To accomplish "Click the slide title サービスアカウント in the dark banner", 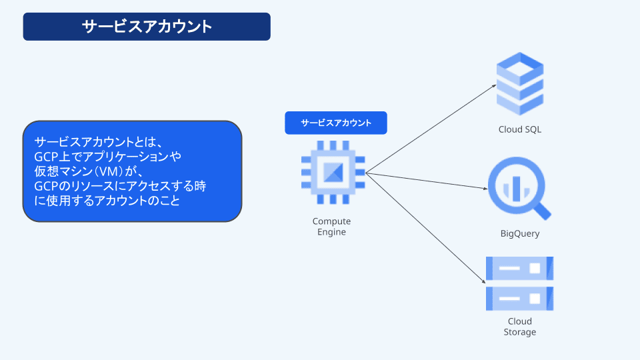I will coord(147,27).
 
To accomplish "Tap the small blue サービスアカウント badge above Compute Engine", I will coord(336,123).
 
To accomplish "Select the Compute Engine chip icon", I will coord(333,173).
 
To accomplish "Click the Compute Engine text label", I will coord(331,227).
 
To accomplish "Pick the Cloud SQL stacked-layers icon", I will coord(520,83).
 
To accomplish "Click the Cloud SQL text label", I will coord(520,129).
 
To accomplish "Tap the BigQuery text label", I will coord(520,234).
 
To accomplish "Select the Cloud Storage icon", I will coord(520,283).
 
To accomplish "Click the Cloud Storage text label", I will coord(519,327).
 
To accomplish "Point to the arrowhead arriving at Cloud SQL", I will coord(494,86).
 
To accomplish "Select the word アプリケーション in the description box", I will coord(123,156).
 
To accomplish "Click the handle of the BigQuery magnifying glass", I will coord(543,211).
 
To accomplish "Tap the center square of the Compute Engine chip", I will coord(333,173).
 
